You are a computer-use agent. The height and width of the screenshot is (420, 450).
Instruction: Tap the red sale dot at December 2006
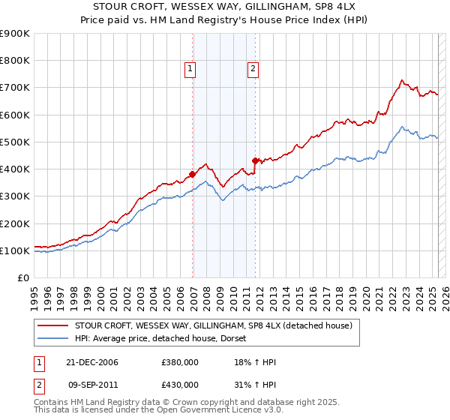coord(193,174)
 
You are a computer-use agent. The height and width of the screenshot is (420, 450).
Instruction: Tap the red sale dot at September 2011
coord(256,160)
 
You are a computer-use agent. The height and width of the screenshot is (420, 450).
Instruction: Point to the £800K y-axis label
coord(14,61)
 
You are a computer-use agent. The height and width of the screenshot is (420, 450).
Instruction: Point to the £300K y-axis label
coord(14,196)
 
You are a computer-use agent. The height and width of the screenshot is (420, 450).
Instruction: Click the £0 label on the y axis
coord(22,278)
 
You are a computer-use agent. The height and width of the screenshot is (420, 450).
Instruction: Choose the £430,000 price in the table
coord(180,385)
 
